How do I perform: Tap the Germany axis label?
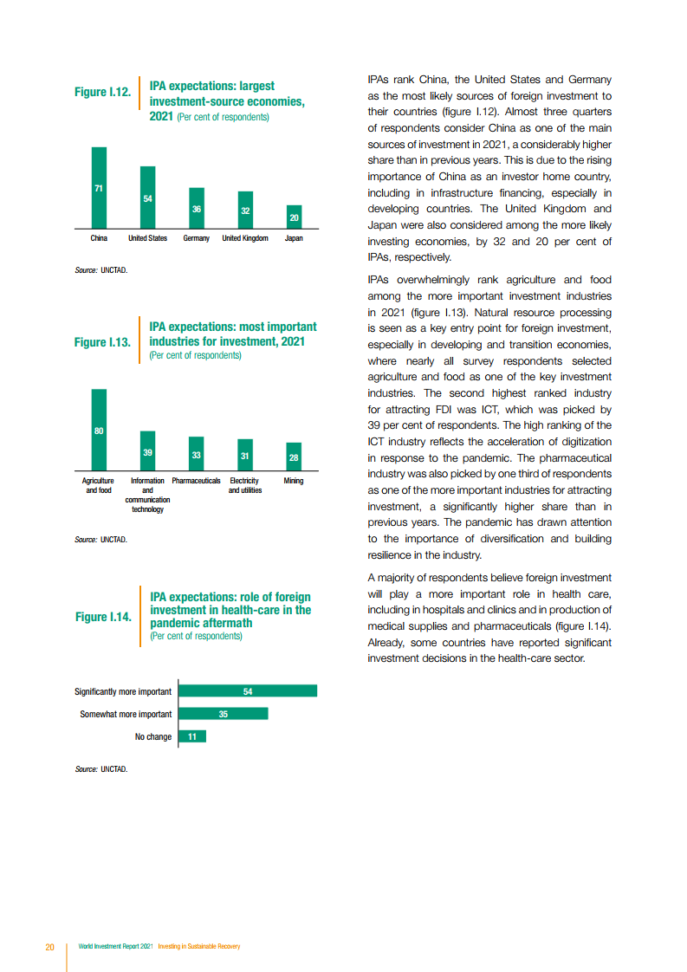(197, 238)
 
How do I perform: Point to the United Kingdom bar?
(245, 210)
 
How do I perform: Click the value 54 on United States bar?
(148, 199)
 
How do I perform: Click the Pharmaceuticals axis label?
(197, 481)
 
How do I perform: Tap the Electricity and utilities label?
(245, 485)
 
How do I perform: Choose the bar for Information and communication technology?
(148, 450)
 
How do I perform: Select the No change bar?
(191, 736)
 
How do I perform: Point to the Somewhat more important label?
(126, 714)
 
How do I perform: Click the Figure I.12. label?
(102, 92)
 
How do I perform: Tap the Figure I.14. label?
(103, 617)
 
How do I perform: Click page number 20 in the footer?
(50, 946)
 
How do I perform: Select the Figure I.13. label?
(102, 342)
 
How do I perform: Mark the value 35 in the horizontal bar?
(223, 714)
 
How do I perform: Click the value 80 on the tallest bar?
(99, 431)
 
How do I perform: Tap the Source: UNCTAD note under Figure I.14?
(101, 768)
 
